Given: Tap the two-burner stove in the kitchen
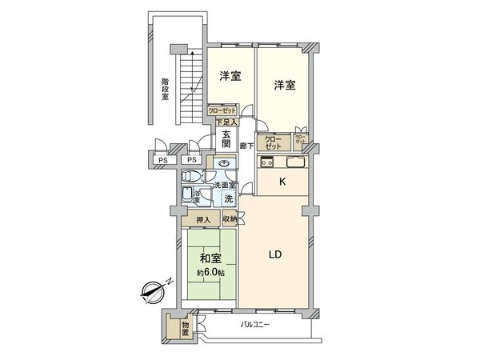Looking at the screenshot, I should pyautogui.click(x=268, y=164).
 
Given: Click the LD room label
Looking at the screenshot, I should pyautogui.click(x=273, y=255).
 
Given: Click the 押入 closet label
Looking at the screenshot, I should pyautogui.click(x=203, y=220).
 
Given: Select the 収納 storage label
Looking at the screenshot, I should pyautogui.click(x=230, y=219).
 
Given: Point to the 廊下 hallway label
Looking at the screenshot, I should pyautogui.click(x=247, y=146).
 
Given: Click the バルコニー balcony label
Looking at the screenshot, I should pyautogui.click(x=255, y=325).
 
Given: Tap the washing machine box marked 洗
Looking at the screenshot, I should pyautogui.click(x=228, y=198).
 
